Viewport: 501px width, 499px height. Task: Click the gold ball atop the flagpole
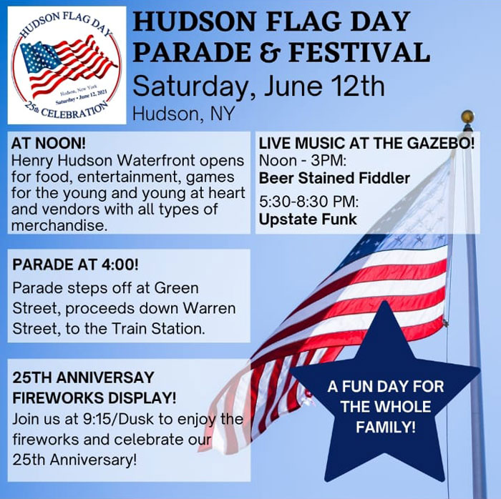click(467, 117)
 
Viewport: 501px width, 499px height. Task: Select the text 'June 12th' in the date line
click(324, 86)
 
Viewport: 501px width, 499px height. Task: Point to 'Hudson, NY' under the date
click(184, 114)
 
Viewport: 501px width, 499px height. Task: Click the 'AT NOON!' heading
click(49, 143)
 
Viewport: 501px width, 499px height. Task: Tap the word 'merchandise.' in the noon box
click(59, 226)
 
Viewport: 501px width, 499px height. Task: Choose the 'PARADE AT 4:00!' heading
click(76, 265)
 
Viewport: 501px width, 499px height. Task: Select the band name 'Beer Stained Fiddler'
click(334, 178)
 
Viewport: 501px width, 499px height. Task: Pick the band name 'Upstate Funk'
click(308, 219)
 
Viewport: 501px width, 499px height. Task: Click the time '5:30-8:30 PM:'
click(309, 202)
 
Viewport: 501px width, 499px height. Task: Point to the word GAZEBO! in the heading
click(441, 143)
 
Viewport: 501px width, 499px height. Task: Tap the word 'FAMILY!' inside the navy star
click(386, 427)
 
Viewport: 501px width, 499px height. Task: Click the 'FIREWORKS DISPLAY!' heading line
click(94, 397)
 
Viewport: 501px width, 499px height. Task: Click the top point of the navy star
click(385, 301)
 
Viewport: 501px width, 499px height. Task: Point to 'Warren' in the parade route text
click(209, 308)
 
